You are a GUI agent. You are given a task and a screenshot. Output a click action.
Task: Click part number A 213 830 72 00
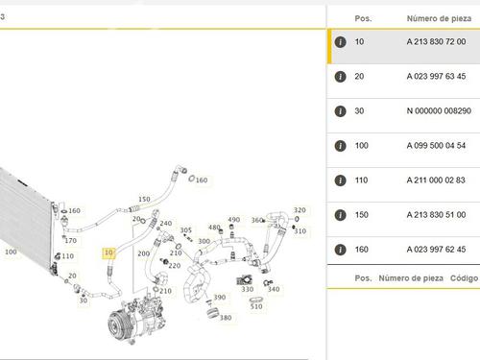436,41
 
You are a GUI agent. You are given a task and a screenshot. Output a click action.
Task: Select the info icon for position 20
340,77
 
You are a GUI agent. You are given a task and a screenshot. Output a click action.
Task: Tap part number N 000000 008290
439,111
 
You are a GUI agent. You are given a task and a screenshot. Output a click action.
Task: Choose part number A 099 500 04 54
436,146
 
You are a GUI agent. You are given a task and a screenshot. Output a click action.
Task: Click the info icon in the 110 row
340,180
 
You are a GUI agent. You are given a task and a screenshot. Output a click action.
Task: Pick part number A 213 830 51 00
436,215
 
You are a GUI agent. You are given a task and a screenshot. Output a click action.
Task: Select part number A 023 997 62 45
436,250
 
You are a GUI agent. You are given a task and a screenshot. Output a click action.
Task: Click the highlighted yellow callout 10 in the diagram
108,253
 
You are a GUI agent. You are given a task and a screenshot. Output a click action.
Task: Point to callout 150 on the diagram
144,199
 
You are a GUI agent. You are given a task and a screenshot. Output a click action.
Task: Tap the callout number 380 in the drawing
226,318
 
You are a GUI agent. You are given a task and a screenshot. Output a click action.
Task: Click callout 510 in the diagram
256,306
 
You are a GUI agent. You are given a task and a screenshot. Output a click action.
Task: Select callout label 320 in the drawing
300,210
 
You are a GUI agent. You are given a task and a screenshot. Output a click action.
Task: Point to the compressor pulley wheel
116,324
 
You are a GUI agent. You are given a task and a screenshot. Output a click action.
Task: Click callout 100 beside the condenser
11,252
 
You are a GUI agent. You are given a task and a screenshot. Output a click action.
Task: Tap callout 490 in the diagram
234,220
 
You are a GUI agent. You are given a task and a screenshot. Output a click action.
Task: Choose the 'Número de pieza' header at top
439,18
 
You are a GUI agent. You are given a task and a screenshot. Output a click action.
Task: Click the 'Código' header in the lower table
464,278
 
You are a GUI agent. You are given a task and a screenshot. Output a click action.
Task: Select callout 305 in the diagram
185,230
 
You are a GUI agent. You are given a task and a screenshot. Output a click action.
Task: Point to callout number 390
220,298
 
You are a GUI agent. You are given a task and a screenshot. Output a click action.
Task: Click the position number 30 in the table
359,111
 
